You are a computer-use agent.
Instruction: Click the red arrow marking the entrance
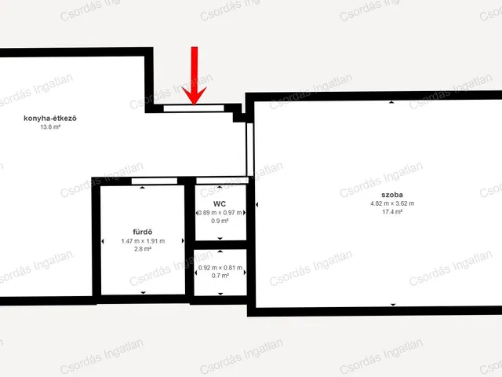click(x=195, y=77)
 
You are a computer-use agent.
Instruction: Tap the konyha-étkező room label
click(x=50, y=119)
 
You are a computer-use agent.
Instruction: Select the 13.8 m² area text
click(x=50, y=127)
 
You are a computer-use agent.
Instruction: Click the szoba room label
click(x=392, y=195)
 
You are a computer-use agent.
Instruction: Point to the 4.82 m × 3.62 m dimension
click(x=392, y=203)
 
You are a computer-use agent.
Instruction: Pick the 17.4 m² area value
click(x=392, y=211)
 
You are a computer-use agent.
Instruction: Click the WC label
click(x=220, y=204)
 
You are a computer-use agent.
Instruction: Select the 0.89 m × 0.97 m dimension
click(x=220, y=213)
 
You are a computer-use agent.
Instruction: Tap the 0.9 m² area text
click(x=220, y=221)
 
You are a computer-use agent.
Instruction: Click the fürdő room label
click(x=143, y=232)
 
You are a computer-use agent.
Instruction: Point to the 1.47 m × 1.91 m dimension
click(x=143, y=241)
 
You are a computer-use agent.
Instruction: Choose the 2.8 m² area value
click(x=143, y=249)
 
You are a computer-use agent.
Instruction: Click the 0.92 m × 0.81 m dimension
click(x=220, y=268)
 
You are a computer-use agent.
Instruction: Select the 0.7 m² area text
click(x=220, y=276)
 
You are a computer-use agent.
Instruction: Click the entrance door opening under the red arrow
click(x=194, y=108)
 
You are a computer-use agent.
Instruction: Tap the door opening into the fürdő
click(x=155, y=181)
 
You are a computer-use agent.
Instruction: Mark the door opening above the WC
click(x=222, y=181)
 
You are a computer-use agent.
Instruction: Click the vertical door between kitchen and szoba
click(x=249, y=149)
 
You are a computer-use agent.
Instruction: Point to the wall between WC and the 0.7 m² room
click(x=220, y=245)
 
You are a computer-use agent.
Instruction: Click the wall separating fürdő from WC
click(x=190, y=240)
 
